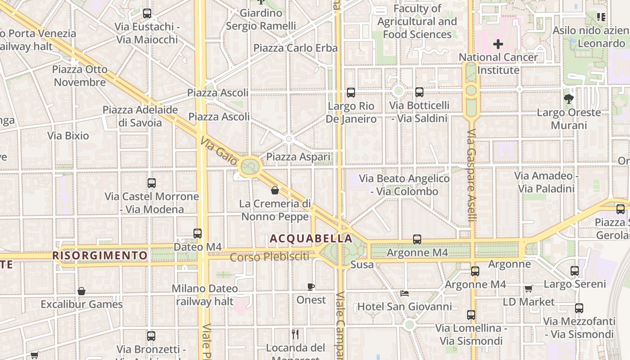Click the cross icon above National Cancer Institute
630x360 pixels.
[498, 44]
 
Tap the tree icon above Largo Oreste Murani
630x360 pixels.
[568, 99]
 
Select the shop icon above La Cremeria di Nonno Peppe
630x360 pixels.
[275, 190]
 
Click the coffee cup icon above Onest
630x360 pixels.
[310, 287]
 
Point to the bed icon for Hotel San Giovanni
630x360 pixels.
[405, 293]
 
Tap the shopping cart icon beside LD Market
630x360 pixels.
[528, 288]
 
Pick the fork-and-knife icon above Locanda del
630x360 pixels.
[295, 334]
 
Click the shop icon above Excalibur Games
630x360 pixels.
[81, 291]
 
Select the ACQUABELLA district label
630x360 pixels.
[311, 238]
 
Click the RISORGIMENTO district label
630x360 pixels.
[100, 256]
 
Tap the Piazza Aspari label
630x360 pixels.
[298, 157]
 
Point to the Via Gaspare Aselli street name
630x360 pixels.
[471, 175]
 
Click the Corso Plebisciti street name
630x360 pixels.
[270, 257]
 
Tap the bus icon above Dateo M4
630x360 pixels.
[197, 233]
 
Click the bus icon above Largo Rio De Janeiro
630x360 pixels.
[351, 93]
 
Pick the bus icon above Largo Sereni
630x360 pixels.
[575, 270]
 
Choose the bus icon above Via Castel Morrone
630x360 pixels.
[152, 183]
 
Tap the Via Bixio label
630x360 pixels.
[68, 135]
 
